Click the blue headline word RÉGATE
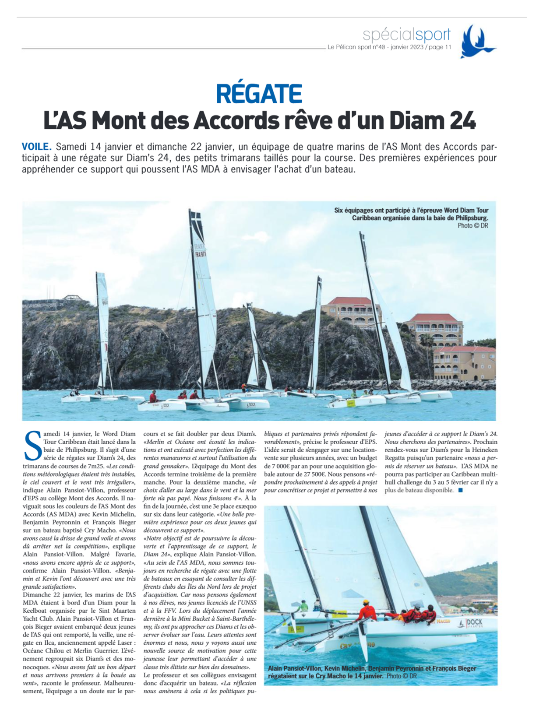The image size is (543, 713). [259, 94]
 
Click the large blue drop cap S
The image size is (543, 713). [32, 445]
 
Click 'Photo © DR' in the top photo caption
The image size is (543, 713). [472, 226]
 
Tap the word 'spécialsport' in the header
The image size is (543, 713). [406, 34]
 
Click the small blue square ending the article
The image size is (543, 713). [460, 490]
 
